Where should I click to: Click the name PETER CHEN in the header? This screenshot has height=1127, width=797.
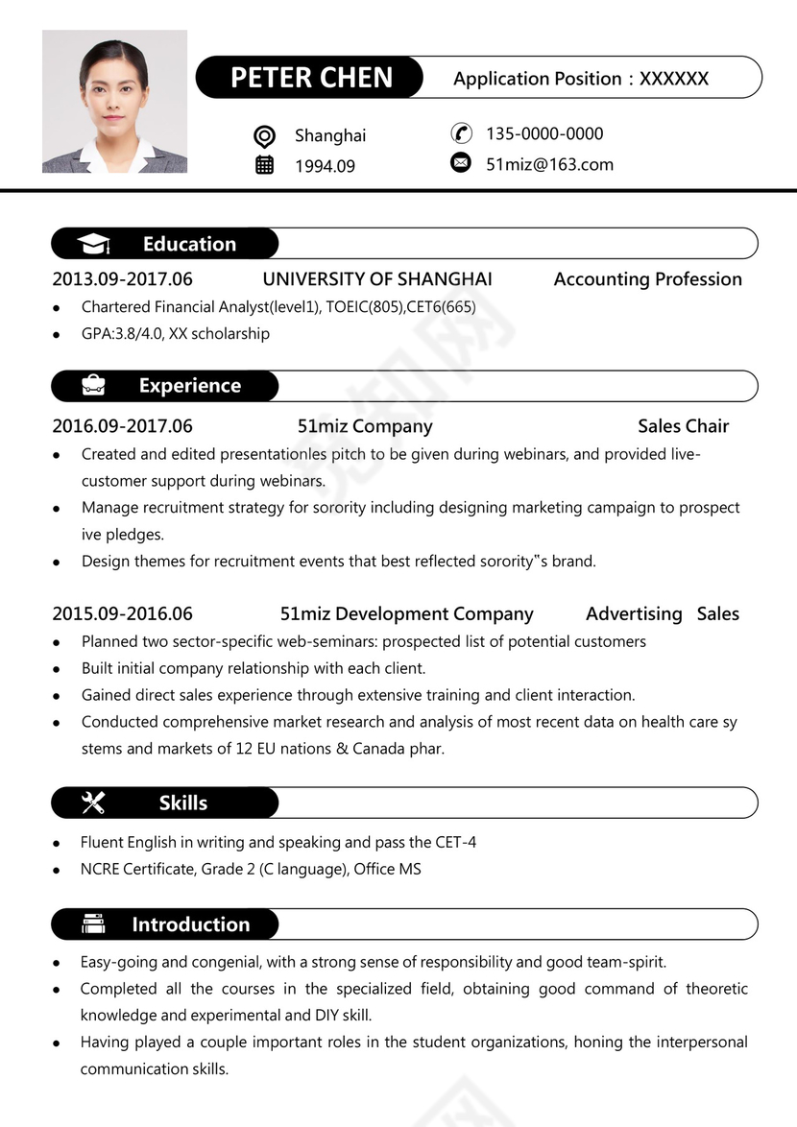click(311, 78)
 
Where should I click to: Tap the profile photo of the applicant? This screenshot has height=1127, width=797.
click(114, 102)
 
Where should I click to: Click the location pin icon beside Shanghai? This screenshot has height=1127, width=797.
click(265, 136)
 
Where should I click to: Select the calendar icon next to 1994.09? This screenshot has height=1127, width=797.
click(265, 165)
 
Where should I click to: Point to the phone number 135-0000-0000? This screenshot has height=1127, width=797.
click(544, 133)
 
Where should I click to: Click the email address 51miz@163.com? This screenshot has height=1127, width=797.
click(549, 164)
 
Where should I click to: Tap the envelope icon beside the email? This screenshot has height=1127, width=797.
click(461, 163)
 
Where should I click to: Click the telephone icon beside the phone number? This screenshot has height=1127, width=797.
click(461, 133)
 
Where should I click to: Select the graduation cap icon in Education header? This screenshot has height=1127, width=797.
click(94, 245)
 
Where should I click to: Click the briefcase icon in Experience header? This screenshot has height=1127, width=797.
click(94, 386)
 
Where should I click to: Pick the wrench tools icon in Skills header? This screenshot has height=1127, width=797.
click(94, 803)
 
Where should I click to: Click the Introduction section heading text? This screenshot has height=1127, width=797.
click(190, 924)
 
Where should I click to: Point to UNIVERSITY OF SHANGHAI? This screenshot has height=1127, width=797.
click(377, 279)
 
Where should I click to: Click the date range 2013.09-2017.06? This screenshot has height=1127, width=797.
click(122, 279)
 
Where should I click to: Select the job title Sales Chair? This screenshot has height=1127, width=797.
click(683, 426)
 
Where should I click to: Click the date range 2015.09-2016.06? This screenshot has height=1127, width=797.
click(122, 614)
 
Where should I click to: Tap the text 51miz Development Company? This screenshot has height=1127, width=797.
click(406, 614)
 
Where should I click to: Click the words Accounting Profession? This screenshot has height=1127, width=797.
click(647, 279)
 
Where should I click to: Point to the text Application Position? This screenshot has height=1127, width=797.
click(537, 79)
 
